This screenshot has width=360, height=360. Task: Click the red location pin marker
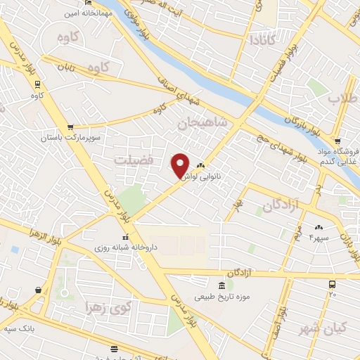click(180, 165)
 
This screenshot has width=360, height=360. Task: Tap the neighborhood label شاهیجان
click(203, 123)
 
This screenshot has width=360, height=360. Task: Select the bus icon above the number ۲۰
click(333, 284)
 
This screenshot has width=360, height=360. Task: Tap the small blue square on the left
click(15, 249)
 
